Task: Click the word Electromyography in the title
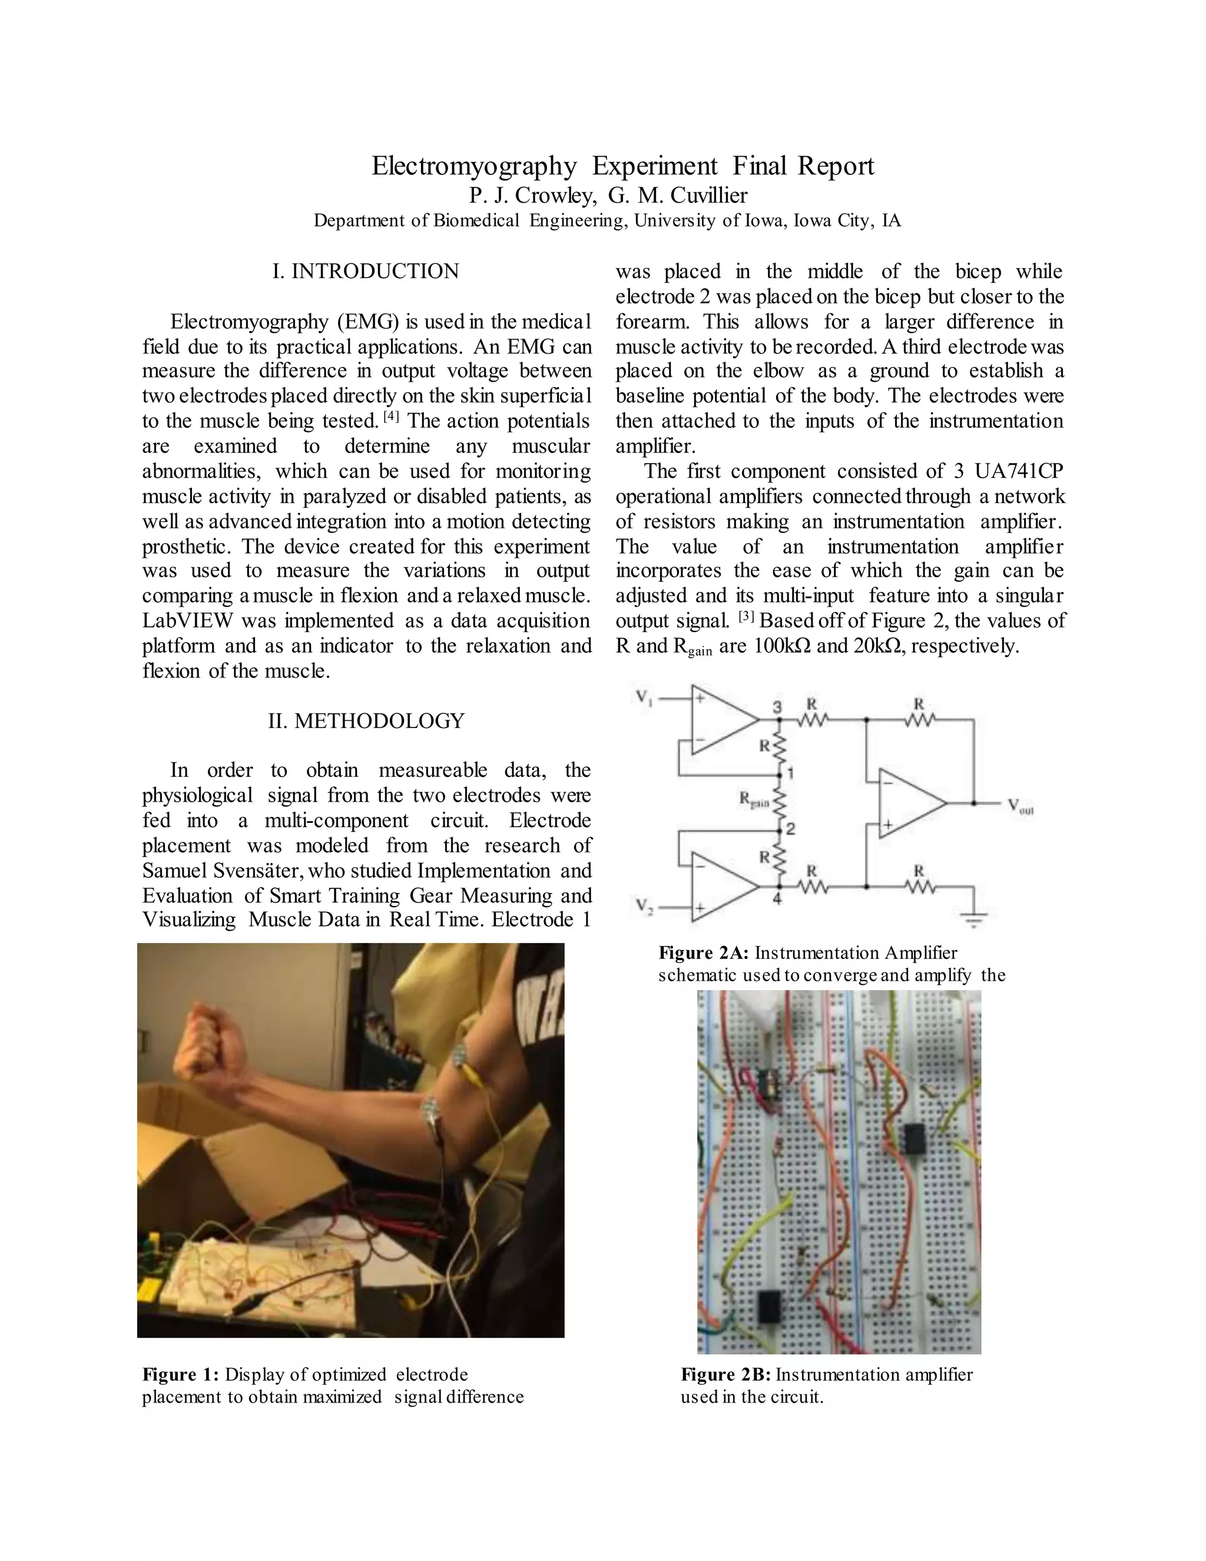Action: pyautogui.click(x=473, y=166)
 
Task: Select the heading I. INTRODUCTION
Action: pyautogui.click(x=366, y=272)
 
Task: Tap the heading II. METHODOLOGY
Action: pyautogui.click(x=366, y=720)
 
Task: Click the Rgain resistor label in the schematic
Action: pyautogui.click(x=754, y=801)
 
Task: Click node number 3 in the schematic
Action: pyautogui.click(x=778, y=707)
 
